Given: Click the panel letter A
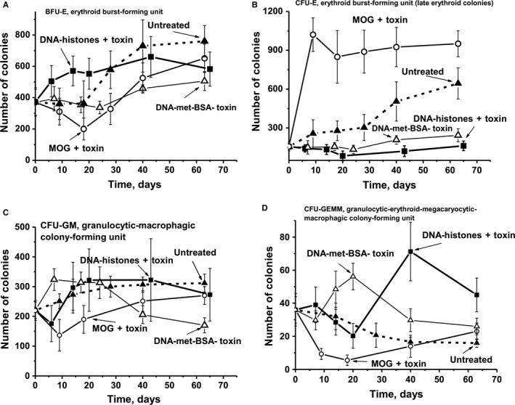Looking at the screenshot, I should click(5, 6).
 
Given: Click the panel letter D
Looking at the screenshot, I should click(267, 209).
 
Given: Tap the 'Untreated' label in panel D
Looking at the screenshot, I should click(466, 359).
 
